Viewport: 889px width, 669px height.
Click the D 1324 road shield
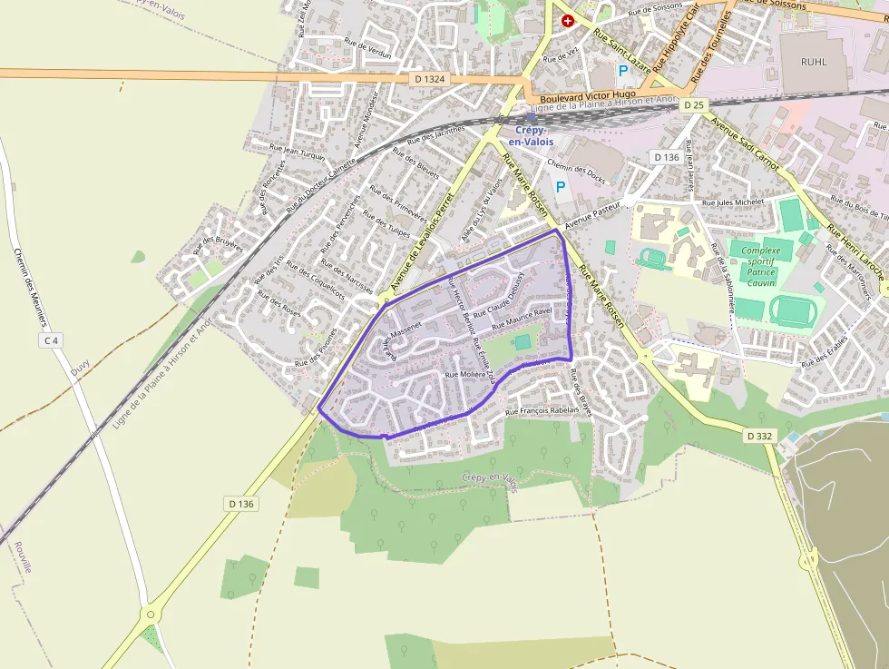point(430,79)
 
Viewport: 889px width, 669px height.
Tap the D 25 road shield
point(694,105)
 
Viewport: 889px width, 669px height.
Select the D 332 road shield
point(760,436)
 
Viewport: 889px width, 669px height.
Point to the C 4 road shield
point(52,340)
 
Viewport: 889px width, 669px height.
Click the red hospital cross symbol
point(568,20)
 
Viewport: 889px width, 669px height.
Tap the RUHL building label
point(814,62)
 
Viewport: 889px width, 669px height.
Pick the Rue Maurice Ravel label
point(522,318)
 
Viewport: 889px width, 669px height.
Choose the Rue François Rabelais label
point(542,411)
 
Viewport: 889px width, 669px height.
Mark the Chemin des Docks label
point(577,167)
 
